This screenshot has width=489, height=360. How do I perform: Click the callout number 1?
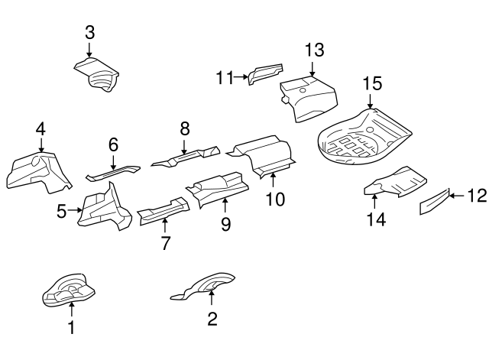(71, 329)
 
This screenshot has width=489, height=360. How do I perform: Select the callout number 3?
(89, 32)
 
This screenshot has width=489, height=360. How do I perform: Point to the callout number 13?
(314, 50)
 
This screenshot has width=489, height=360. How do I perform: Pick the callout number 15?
(371, 83)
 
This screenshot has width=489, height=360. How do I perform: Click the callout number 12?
(476, 196)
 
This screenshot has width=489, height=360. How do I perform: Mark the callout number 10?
(274, 199)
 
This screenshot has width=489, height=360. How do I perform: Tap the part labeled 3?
(98, 76)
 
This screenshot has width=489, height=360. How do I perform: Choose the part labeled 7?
(162, 209)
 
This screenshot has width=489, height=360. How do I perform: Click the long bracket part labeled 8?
(186, 156)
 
